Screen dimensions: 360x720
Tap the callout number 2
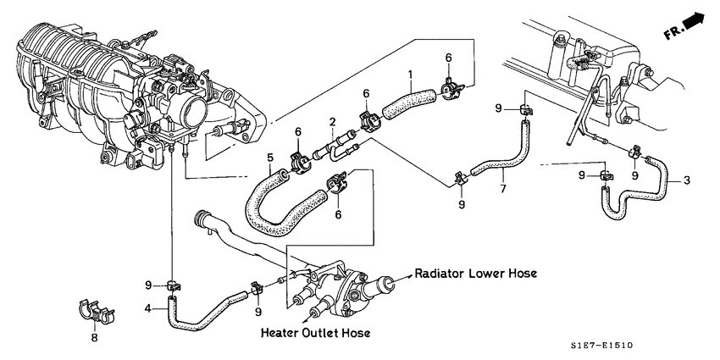(x=334, y=122)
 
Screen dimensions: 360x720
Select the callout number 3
(x=686, y=180)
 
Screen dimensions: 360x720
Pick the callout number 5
(x=269, y=158)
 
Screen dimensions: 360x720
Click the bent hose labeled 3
(x=644, y=196)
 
